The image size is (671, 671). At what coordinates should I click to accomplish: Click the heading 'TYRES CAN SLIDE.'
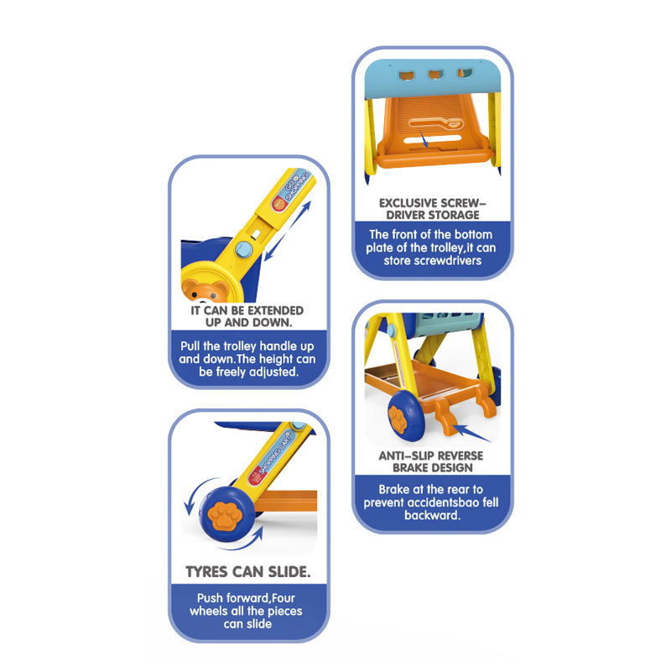[247, 573]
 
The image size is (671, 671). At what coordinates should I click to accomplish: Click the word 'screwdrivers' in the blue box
[449, 261]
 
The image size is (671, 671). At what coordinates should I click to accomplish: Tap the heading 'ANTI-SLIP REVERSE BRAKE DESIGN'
[431, 462]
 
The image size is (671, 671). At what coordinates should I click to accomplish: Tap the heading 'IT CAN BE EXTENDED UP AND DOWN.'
[247, 316]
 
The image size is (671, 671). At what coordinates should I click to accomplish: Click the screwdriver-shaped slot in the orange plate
[430, 127]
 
